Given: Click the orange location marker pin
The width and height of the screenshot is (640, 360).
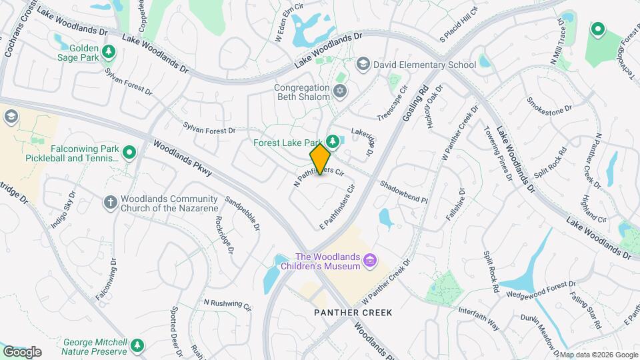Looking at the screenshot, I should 321,159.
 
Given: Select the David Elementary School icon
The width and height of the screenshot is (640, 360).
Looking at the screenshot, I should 363,65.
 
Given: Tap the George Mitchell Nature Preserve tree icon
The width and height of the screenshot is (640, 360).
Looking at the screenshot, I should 137,345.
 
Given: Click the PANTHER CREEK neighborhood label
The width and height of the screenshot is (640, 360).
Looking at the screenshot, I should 353,313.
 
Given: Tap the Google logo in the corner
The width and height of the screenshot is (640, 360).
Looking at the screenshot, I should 22,351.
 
